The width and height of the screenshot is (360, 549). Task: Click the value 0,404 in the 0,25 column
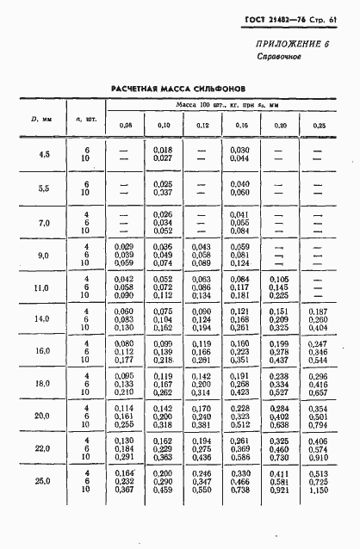pyautogui.click(x=320, y=328)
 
